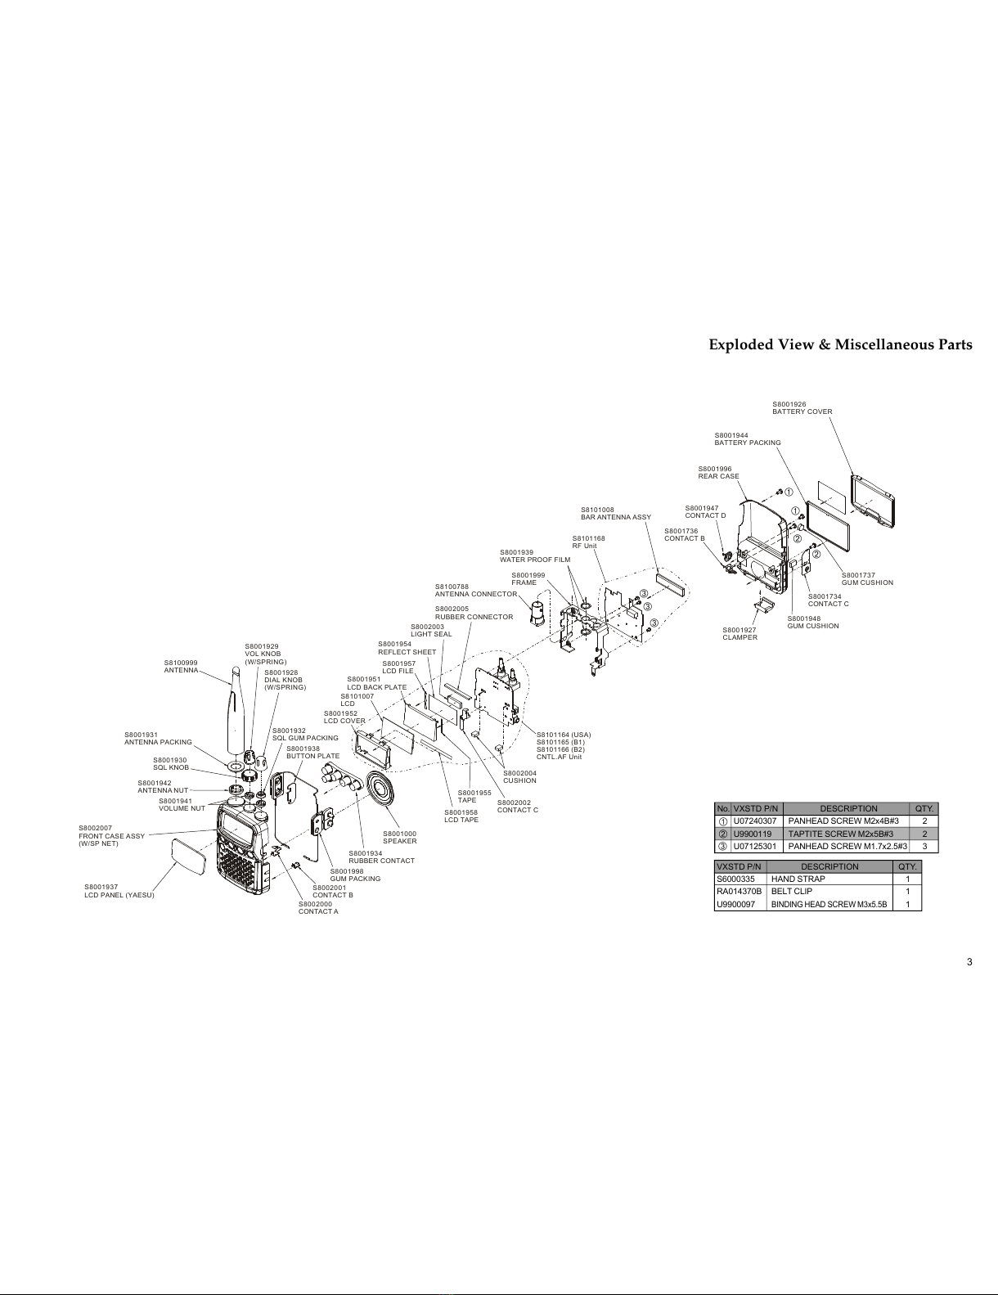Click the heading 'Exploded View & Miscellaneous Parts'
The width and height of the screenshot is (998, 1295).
click(840, 344)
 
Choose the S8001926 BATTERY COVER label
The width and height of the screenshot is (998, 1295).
click(802, 408)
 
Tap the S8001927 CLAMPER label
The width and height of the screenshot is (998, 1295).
click(740, 634)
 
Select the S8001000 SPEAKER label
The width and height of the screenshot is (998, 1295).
click(399, 837)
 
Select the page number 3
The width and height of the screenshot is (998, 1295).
click(969, 962)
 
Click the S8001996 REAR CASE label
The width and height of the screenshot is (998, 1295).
click(718, 473)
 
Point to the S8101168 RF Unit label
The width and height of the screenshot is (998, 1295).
click(588, 542)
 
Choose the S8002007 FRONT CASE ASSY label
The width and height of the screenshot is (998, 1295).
click(111, 836)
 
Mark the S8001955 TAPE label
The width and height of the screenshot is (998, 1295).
click(474, 796)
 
